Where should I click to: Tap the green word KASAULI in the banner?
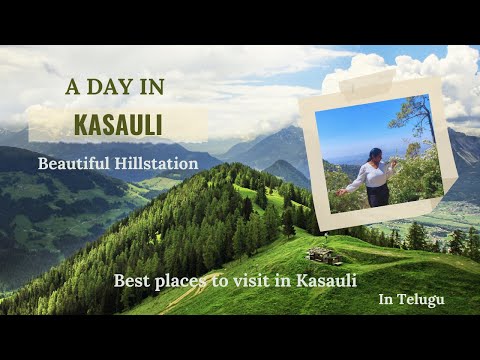[118, 124]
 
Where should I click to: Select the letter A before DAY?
[72, 87]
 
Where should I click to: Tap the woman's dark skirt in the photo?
[378, 195]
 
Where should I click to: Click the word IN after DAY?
[150, 87]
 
